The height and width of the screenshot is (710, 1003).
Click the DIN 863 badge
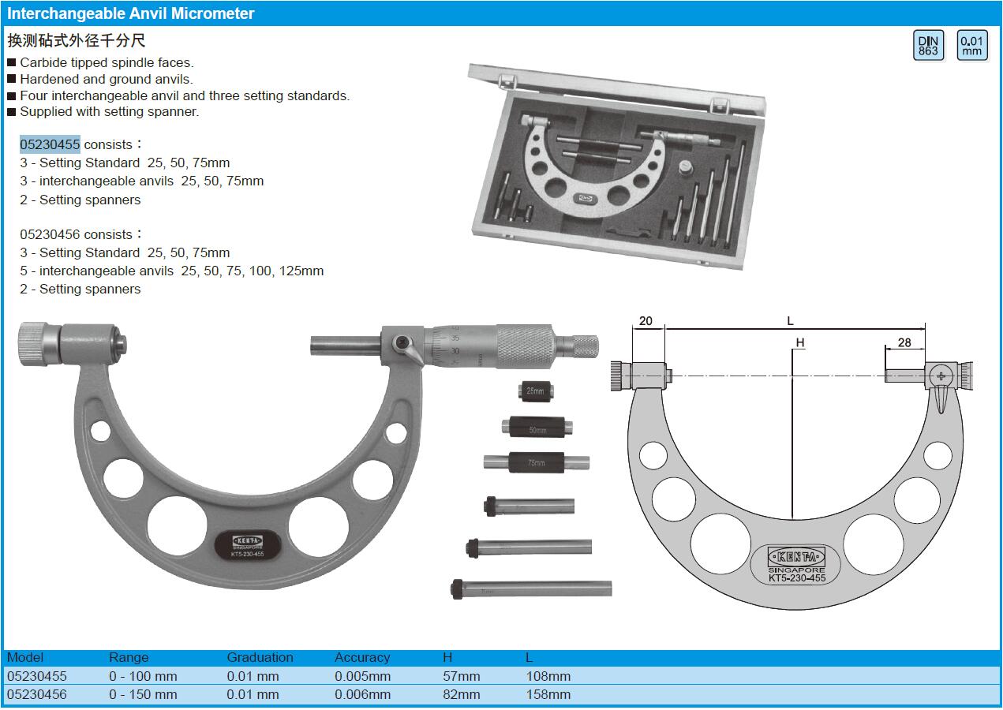928,45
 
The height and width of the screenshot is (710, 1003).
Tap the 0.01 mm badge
971,45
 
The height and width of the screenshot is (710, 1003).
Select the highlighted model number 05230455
50,144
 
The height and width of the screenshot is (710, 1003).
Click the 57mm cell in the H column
461,676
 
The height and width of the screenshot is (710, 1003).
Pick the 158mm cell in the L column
548,694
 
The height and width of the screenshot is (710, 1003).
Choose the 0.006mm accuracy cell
363,694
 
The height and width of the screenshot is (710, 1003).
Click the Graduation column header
260,657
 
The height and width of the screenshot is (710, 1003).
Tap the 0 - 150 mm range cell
144,694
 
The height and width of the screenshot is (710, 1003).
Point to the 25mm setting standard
536,391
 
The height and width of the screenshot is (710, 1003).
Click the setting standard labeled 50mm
537,427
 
